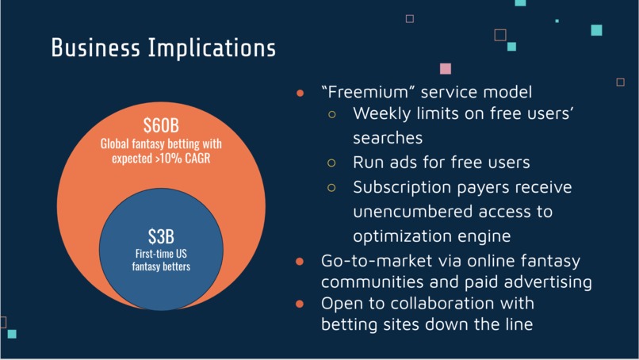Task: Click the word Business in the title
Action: coord(95,48)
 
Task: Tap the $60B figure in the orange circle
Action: coord(161,125)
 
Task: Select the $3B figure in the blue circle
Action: coord(161,236)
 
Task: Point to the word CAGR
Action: coord(197,158)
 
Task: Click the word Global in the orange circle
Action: coord(115,144)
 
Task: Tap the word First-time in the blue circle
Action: coord(148,254)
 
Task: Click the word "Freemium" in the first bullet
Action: coord(365,92)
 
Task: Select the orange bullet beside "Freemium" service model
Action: coord(300,94)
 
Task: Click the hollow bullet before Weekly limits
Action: coord(331,114)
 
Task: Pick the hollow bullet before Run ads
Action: coord(331,163)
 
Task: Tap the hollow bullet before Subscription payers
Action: coord(331,188)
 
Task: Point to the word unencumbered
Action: coord(413,212)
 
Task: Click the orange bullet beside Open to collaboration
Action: coord(300,304)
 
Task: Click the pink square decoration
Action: coord(446,68)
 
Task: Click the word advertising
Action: coord(549,282)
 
